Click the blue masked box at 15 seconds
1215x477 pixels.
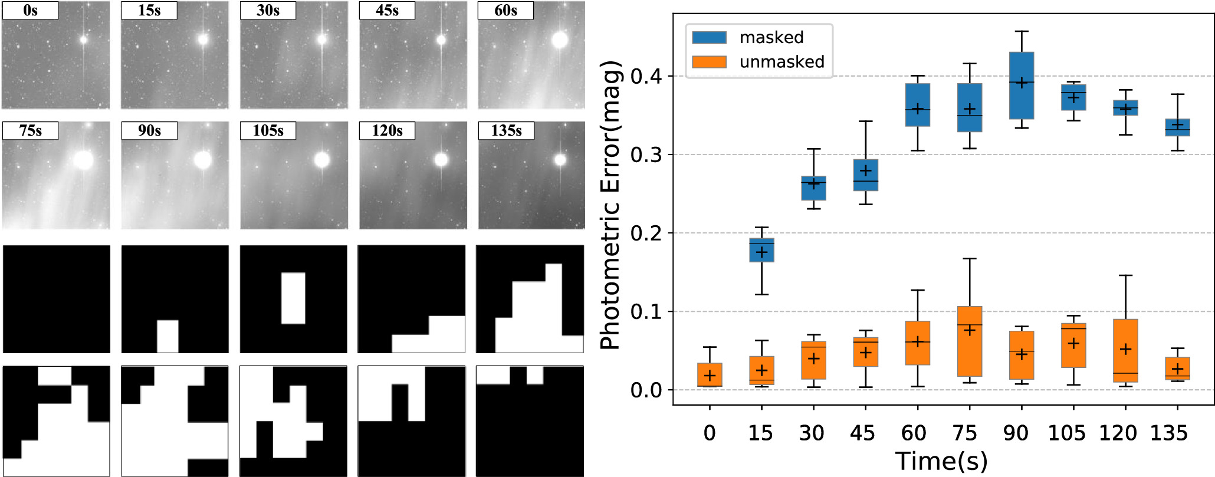coord(761,250)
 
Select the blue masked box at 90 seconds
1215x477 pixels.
coord(1021,85)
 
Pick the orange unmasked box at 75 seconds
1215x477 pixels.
coord(969,341)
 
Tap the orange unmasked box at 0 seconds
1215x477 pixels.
coord(710,374)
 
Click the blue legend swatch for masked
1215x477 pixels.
coord(709,37)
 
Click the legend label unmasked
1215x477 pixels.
coord(781,62)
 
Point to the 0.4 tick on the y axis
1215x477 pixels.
coord(645,77)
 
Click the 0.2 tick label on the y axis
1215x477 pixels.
coord(645,233)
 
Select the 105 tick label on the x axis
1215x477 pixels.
coord(1066,433)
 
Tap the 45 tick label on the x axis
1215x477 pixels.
coord(862,433)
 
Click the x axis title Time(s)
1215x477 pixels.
coord(941,461)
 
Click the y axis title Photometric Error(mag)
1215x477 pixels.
coord(611,205)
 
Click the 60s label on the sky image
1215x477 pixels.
coord(505,11)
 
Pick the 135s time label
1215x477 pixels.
coord(505,131)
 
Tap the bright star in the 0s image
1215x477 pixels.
coord(83,40)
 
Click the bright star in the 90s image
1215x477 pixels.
coord(202,160)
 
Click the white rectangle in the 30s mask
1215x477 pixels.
coord(293,298)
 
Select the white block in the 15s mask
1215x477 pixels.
coord(168,336)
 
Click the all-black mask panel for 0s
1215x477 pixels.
coord(57,299)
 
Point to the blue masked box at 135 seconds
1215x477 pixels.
coord(1177,127)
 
